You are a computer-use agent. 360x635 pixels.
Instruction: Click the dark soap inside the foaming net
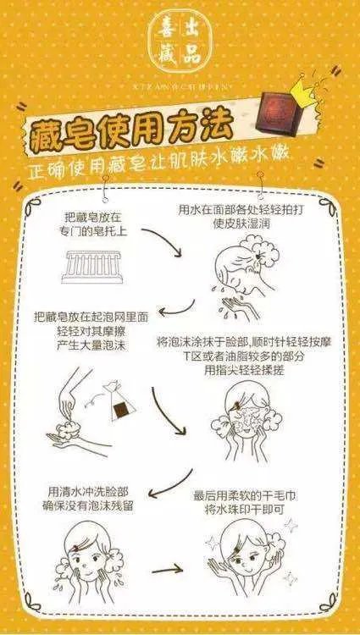(x=123, y=411)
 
